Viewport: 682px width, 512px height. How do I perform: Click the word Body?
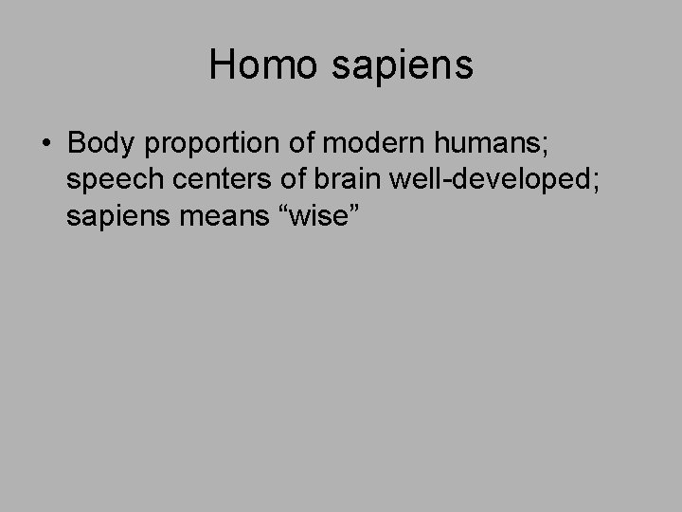click(x=99, y=144)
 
